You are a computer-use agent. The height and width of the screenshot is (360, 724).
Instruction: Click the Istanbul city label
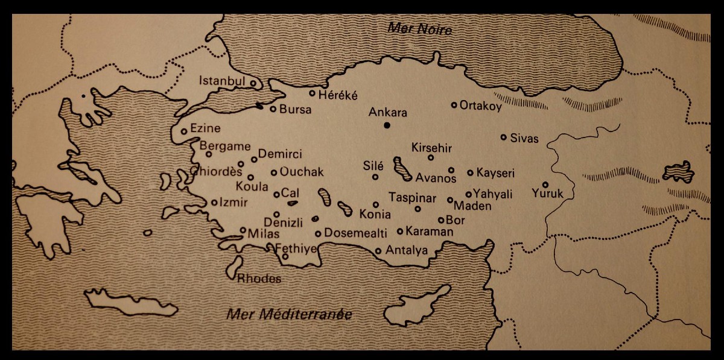tap(222, 81)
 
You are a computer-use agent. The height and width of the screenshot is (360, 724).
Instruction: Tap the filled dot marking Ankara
tap(387, 125)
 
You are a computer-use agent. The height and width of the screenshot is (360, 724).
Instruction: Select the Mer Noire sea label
tap(419, 28)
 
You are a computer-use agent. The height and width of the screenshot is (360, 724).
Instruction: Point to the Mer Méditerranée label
tap(289, 314)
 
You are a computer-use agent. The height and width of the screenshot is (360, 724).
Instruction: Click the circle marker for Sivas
tap(503, 137)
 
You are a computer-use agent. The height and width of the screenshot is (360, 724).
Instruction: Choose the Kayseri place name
tap(495, 174)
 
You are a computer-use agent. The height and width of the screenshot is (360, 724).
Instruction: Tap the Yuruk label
tap(547, 194)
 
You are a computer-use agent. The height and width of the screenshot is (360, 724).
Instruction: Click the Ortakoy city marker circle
tap(454, 105)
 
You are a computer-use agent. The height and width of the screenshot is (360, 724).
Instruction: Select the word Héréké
tap(338, 95)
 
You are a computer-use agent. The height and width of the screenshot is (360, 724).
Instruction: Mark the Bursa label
tap(295, 110)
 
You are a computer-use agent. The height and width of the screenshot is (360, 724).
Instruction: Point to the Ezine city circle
tap(184, 131)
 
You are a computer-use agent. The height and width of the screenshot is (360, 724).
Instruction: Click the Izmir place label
tap(233, 203)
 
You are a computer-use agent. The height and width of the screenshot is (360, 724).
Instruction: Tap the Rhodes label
tap(259, 279)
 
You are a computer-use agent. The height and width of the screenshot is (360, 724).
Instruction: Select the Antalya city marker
tap(378, 251)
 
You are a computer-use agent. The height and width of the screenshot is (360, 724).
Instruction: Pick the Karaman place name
tap(430, 231)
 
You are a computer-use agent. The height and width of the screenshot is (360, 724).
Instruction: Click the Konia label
tap(375, 214)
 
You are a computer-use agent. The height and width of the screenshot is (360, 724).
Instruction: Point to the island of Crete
tap(130, 302)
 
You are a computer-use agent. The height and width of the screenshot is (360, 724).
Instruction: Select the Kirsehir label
tap(431, 148)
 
